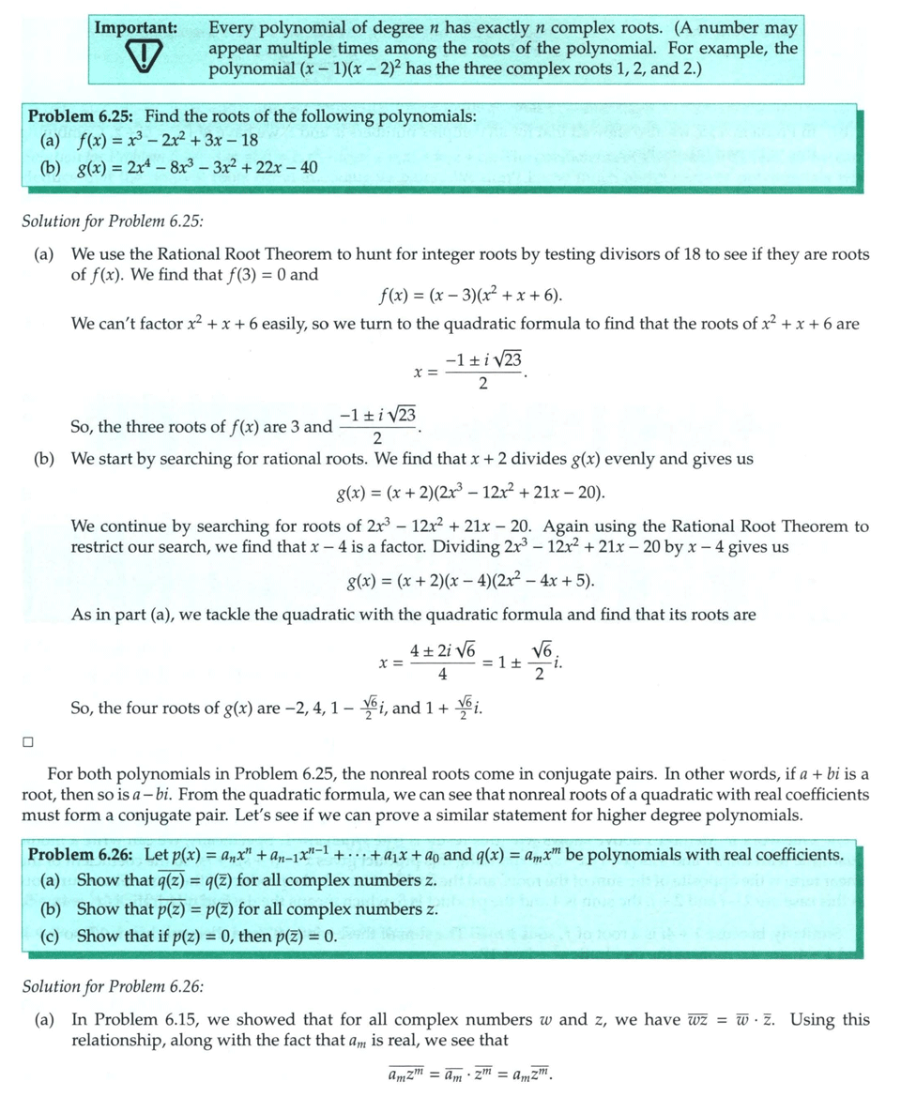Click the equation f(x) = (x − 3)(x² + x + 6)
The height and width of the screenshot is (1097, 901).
click(x=470, y=297)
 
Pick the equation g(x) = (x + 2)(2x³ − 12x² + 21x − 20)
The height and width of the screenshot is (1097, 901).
click(x=470, y=493)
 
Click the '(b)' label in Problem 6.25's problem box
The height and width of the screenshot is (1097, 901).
click(x=43, y=167)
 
